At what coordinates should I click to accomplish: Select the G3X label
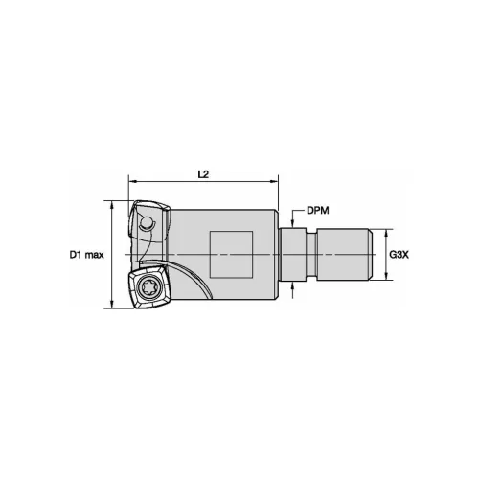click(x=399, y=255)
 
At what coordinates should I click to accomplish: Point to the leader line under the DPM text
click(x=299, y=217)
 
